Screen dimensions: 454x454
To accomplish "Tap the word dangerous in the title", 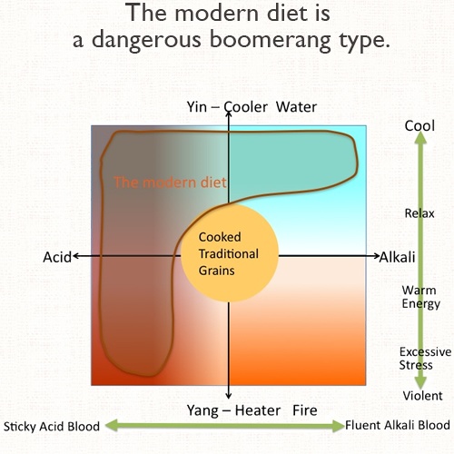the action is point(146,41).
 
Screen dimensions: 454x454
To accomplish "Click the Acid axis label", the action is point(57,258).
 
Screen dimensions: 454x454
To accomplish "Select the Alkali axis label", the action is point(397,257).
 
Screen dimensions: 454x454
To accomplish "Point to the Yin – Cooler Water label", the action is point(252,107).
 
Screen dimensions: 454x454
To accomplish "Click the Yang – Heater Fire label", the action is point(252,410).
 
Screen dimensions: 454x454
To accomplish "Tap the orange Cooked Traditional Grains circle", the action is point(229,253).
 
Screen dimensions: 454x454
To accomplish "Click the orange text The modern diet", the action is point(170,183).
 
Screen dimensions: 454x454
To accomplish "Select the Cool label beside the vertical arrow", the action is point(419,125).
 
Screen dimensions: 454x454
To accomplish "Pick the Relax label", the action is point(419,213).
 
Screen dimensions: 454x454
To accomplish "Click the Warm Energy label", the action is point(420,297).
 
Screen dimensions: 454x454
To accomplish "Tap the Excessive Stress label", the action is point(425,359).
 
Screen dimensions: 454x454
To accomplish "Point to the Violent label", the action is point(422,396).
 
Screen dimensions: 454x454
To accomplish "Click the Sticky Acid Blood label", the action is point(52,427).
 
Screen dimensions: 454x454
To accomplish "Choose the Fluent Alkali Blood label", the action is point(398,425).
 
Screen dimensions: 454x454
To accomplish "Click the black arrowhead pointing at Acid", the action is point(75,256).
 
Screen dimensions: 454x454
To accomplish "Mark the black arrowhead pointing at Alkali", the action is point(376,256).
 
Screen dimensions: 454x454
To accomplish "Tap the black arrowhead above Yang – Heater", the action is point(229,396).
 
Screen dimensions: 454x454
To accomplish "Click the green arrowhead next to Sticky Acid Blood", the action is point(112,426).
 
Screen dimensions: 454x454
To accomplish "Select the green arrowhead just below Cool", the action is point(420,138).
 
